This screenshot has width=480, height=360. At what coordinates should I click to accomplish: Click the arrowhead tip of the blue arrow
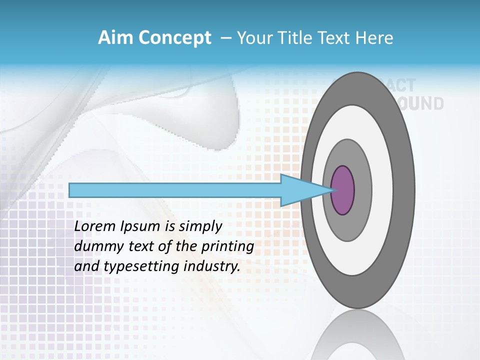(x=332, y=190)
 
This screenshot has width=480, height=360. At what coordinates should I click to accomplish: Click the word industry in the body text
(x=212, y=266)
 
